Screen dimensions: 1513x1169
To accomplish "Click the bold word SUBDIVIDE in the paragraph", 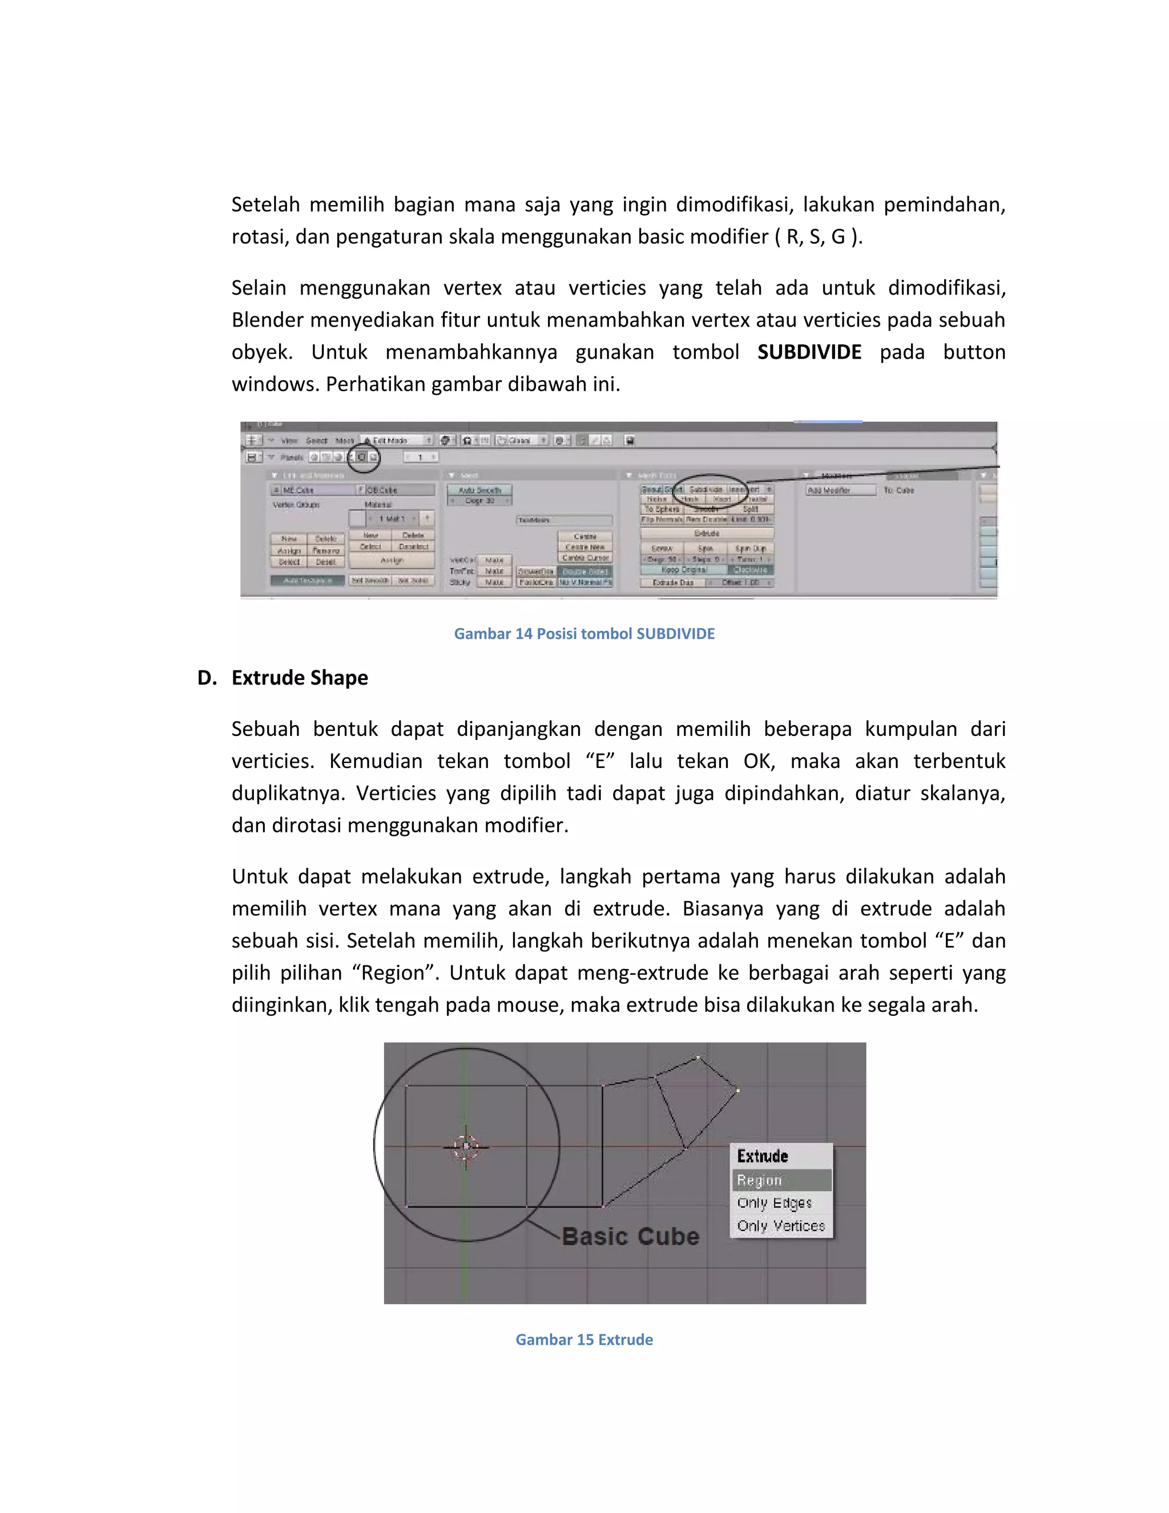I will click(x=809, y=352).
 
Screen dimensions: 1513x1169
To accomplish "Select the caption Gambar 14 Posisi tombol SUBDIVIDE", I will click(x=584, y=633).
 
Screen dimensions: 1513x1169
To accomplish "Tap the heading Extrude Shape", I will click(x=299, y=678).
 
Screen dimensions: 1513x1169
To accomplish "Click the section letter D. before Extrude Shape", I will click(x=207, y=678).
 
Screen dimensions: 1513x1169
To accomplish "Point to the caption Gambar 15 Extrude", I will click(x=584, y=1339).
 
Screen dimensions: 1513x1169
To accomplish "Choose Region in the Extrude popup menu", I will click(x=760, y=1180).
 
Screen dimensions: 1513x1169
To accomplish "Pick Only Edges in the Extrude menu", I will click(x=774, y=1202).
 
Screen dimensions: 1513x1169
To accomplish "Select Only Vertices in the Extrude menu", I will click(x=780, y=1225).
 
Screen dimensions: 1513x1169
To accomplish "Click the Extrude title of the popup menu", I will click(x=763, y=1156).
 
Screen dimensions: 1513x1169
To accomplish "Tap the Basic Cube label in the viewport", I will click(x=630, y=1237).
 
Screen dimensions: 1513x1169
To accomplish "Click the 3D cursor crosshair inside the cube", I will click(x=466, y=1146).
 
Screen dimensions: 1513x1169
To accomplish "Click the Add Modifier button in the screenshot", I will click(x=829, y=490).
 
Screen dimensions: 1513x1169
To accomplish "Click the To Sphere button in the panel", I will click(x=662, y=509).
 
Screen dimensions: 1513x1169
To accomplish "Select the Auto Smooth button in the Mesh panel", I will click(x=479, y=490).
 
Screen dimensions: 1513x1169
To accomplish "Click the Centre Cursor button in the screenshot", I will click(x=585, y=558).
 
